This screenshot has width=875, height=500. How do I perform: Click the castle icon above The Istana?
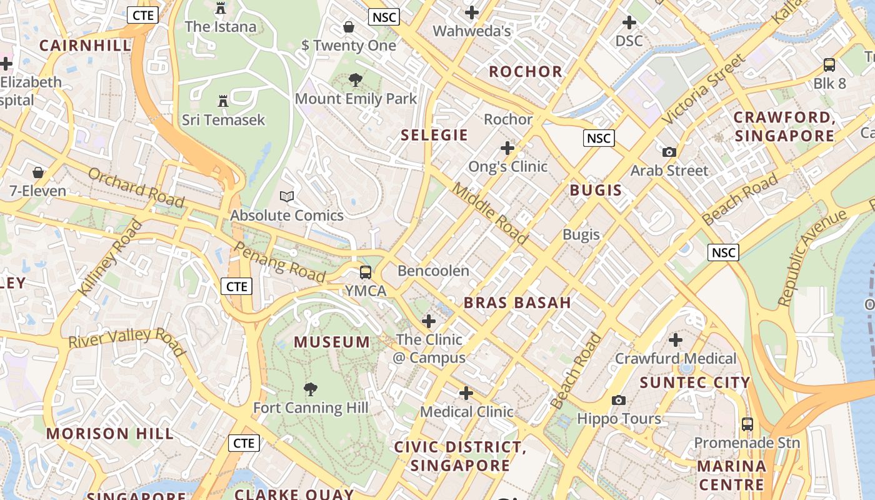click(x=220, y=8)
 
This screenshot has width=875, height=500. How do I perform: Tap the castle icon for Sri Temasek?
click(x=222, y=101)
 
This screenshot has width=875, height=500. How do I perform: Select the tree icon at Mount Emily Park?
click(x=356, y=80)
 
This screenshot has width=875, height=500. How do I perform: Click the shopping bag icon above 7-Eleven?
click(x=38, y=172)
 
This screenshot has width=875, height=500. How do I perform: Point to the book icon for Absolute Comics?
click(x=287, y=197)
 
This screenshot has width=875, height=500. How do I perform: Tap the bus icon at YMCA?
click(x=366, y=272)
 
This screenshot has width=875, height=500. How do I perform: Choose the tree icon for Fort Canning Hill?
click(x=310, y=389)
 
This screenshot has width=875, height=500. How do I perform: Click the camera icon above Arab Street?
click(x=669, y=152)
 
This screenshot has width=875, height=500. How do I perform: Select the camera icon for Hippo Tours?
click(x=619, y=400)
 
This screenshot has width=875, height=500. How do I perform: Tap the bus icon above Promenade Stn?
click(x=747, y=424)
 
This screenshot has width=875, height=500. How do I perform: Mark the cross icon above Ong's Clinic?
click(x=507, y=148)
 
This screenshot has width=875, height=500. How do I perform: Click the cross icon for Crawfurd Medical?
click(x=676, y=340)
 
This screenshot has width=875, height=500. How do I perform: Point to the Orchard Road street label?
click(x=136, y=187)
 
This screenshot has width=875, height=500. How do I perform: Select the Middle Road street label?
click(x=490, y=213)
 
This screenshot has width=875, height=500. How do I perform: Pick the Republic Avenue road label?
click(x=811, y=258)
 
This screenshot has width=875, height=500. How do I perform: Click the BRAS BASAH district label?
click(x=517, y=303)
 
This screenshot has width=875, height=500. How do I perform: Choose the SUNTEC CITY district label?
click(x=694, y=382)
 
